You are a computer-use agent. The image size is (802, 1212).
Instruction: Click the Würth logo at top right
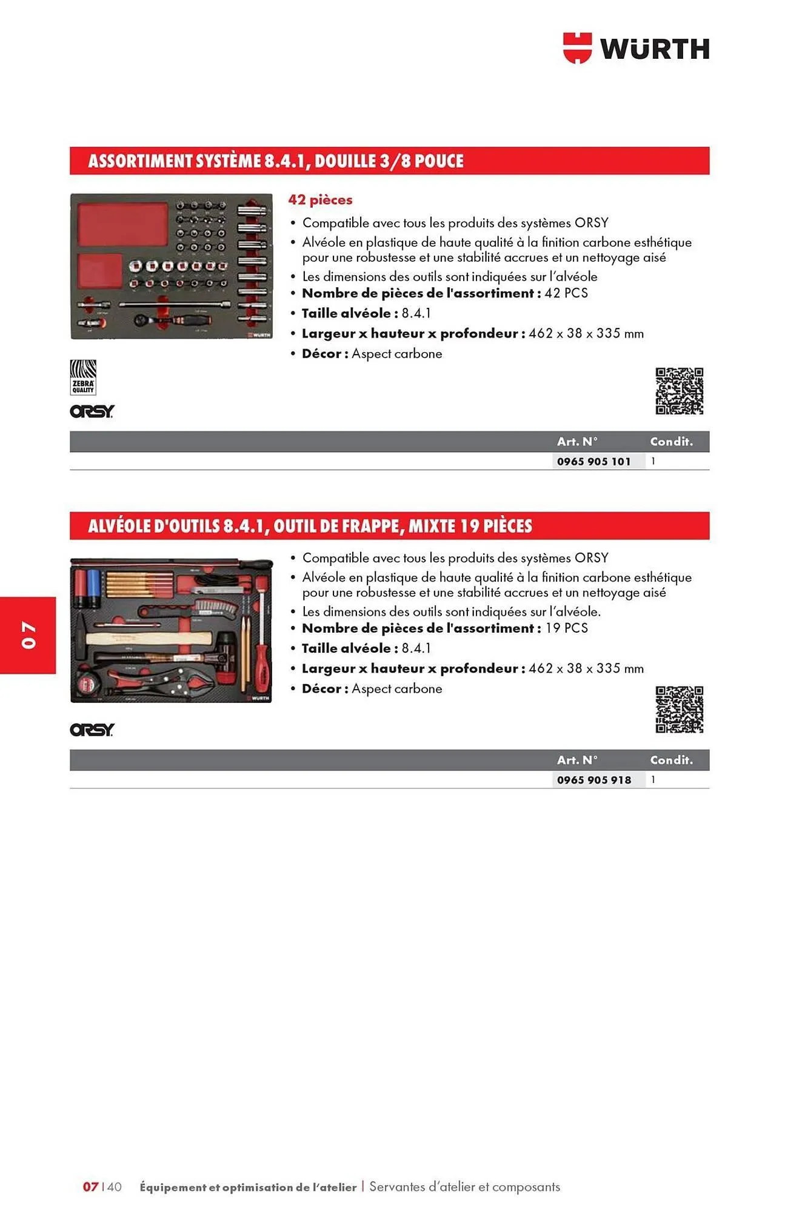[636, 48]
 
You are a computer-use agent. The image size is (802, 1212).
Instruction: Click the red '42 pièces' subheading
[320, 199]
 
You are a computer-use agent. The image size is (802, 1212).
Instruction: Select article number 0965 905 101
[593, 461]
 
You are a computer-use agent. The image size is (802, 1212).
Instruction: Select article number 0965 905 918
[593, 780]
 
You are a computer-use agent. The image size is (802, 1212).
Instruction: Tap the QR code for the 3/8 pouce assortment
[679, 391]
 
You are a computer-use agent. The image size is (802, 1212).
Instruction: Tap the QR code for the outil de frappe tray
[679, 709]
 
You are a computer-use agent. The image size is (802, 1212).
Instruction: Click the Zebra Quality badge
[83, 377]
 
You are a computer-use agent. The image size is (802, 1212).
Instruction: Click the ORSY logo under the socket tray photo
[92, 411]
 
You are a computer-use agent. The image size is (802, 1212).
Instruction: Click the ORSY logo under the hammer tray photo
[92, 730]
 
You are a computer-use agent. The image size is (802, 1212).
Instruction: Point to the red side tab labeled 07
[28, 634]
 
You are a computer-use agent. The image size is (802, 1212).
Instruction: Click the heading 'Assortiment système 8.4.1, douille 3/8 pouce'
[276, 161]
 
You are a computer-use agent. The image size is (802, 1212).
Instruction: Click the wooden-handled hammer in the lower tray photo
[145, 638]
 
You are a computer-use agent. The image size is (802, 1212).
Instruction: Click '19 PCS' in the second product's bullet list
[566, 628]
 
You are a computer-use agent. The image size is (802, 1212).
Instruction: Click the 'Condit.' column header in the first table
[671, 442]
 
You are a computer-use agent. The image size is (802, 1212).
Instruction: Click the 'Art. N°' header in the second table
[577, 760]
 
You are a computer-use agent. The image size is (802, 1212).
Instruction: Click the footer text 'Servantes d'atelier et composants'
[464, 1187]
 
